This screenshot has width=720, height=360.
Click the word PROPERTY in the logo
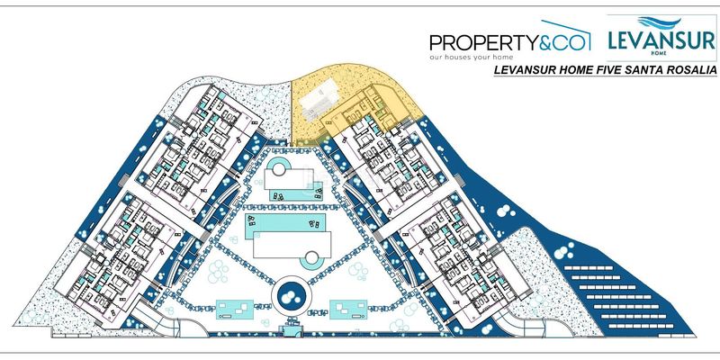(483, 43)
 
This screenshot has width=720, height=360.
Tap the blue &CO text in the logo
(564, 42)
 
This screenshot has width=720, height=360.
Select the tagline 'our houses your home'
(471, 58)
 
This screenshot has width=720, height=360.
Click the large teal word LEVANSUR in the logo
(661, 40)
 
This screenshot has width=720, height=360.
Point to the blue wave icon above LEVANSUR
(660, 22)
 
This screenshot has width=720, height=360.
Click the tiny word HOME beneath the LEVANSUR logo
(661, 53)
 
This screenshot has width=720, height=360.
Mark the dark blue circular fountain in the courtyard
(291, 295)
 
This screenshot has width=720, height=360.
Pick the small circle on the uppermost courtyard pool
(279, 169)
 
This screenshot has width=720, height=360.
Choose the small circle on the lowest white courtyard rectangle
(311, 257)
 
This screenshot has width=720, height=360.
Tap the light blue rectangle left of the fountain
(235, 310)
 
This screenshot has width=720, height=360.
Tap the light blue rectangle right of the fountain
(348, 310)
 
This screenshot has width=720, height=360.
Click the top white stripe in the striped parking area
(589, 267)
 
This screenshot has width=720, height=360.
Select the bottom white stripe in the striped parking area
(648, 327)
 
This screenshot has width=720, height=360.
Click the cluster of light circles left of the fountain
(218, 272)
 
